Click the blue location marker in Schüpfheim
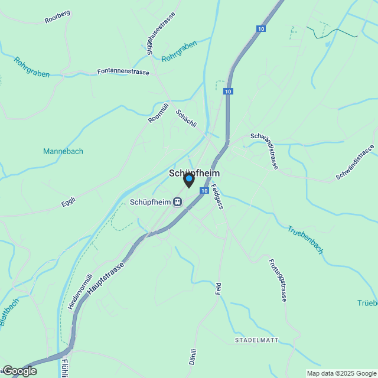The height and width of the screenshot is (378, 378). click(189, 179)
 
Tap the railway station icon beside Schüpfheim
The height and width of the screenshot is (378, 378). click(177, 202)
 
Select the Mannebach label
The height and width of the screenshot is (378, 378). click(63, 151)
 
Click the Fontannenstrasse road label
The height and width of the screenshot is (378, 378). click(123, 72)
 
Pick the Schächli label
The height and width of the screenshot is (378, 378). click(185, 119)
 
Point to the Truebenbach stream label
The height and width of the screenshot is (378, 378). click(305, 240)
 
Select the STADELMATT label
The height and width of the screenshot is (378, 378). click(256, 341)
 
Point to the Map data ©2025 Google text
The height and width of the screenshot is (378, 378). click(341, 373)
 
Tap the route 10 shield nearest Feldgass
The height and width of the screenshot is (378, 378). click(204, 191)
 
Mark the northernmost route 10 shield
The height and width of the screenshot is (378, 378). click(261, 28)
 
